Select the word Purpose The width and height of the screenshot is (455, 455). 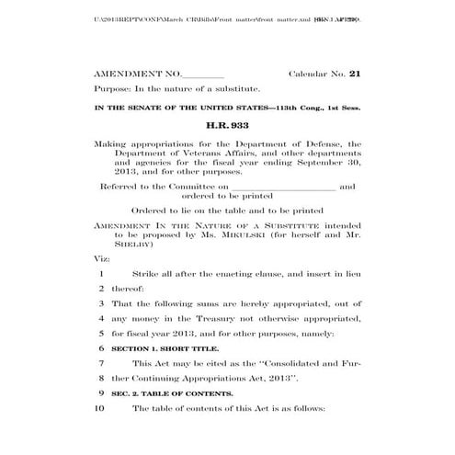pos(111,89)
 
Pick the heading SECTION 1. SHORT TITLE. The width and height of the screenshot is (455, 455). pos(165,349)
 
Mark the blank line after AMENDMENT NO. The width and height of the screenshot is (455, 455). pos(203,74)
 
